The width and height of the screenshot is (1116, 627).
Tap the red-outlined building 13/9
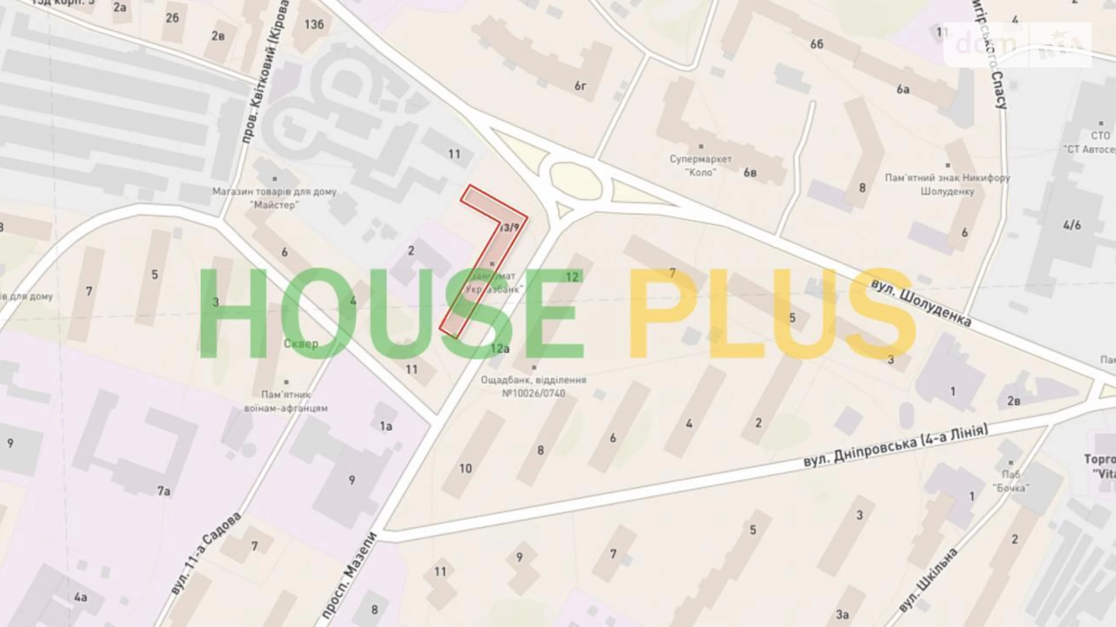coord(490,253)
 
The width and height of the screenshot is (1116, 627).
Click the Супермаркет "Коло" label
coord(700,165)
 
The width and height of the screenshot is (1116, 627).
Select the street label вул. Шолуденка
coord(921,303)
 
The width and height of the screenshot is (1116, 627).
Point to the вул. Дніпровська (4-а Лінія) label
coord(896,446)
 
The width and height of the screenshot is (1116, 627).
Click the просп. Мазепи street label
coord(349,576)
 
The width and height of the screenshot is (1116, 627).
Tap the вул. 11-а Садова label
coord(206,553)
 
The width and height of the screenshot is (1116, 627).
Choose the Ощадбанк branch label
coord(533,386)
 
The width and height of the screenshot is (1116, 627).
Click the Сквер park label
coord(300,344)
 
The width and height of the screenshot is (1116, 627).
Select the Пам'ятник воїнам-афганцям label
coord(286,401)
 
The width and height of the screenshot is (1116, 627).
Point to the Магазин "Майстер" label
coord(274,198)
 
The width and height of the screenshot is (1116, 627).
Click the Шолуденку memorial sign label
coord(947,184)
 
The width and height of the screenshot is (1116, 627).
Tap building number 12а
coord(499,348)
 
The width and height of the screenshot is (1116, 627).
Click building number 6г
coord(580,86)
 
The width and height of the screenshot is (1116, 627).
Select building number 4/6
coord(1071,225)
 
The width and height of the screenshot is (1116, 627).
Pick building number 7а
coord(163,491)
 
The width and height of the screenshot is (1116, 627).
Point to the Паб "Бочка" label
coord(1010,481)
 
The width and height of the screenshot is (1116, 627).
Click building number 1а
coord(386,427)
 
